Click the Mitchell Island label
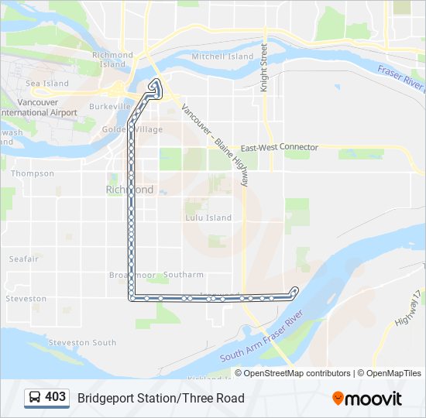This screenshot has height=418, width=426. pyautogui.click(x=222, y=57)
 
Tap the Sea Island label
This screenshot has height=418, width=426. pyautogui.click(x=47, y=84)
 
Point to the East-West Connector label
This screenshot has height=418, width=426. pyautogui.click(x=279, y=147)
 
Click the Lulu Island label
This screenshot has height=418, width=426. pyautogui.click(x=208, y=218)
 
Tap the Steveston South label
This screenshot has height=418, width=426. pyautogui.click(x=82, y=342)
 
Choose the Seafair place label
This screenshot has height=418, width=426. pyautogui.click(x=23, y=259)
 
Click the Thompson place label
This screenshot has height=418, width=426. pyautogui.click(x=33, y=173)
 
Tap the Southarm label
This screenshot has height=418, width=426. pyautogui.click(x=184, y=275)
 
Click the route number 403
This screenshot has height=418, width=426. pyautogui.click(x=56, y=397)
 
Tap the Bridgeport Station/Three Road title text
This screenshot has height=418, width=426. pyautogui.click(x=160, y=398)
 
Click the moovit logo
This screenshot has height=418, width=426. pyautogui.click(x=367, y=399)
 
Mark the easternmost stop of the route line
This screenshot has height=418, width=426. pyautogui.click(x=294, y=290)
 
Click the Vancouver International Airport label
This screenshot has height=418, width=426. pyautogui.click(x=39, y=108)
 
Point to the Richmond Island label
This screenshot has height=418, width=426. pyautogui.click(x=113, y=60)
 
